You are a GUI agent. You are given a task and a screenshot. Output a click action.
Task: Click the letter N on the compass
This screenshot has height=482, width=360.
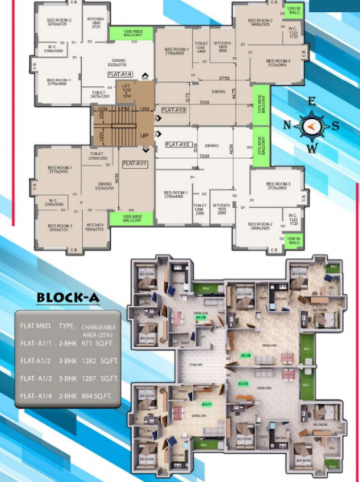pos(288,125)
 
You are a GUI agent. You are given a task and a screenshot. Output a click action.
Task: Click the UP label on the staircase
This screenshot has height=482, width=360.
pos(144,136)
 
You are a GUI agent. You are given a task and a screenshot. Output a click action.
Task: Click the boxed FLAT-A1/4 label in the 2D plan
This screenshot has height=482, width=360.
pos(120,74)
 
